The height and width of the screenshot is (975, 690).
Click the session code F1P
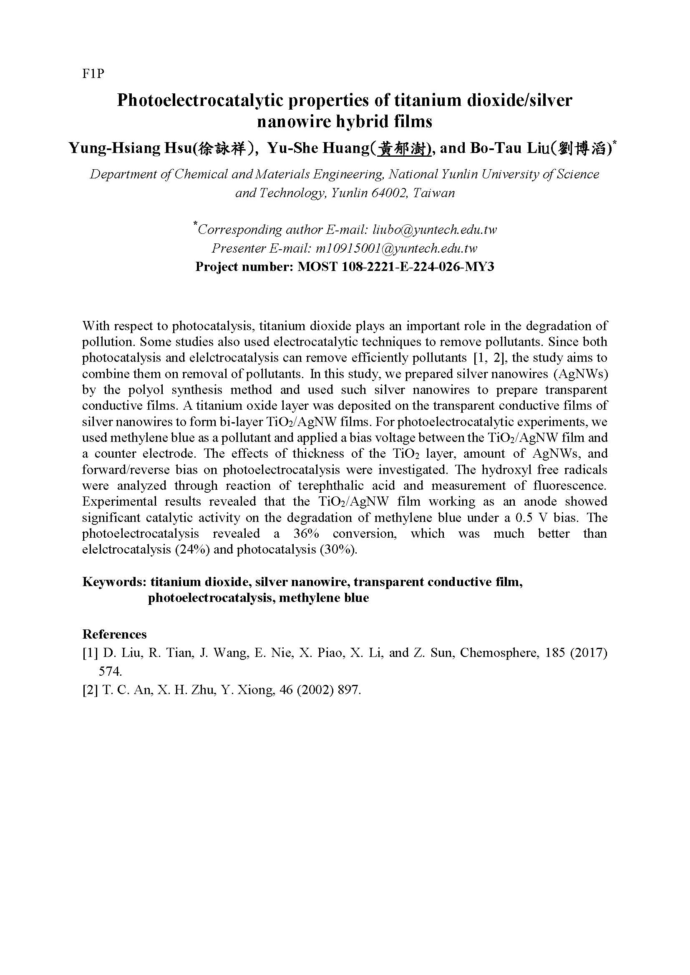click(x=93, y=74)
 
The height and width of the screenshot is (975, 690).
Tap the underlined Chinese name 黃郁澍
click(x=404, y=149)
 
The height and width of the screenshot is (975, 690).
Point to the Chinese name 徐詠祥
click(x=223, y=149)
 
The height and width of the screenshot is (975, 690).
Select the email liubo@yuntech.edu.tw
click(x=435, y=230)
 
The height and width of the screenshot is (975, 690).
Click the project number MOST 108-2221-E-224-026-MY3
click(x=396, y=267)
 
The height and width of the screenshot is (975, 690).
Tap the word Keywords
click(x=114, y=582)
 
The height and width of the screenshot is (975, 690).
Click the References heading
click(x=114, y=634)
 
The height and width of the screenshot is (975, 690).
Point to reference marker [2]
click(x=91, y=690)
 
